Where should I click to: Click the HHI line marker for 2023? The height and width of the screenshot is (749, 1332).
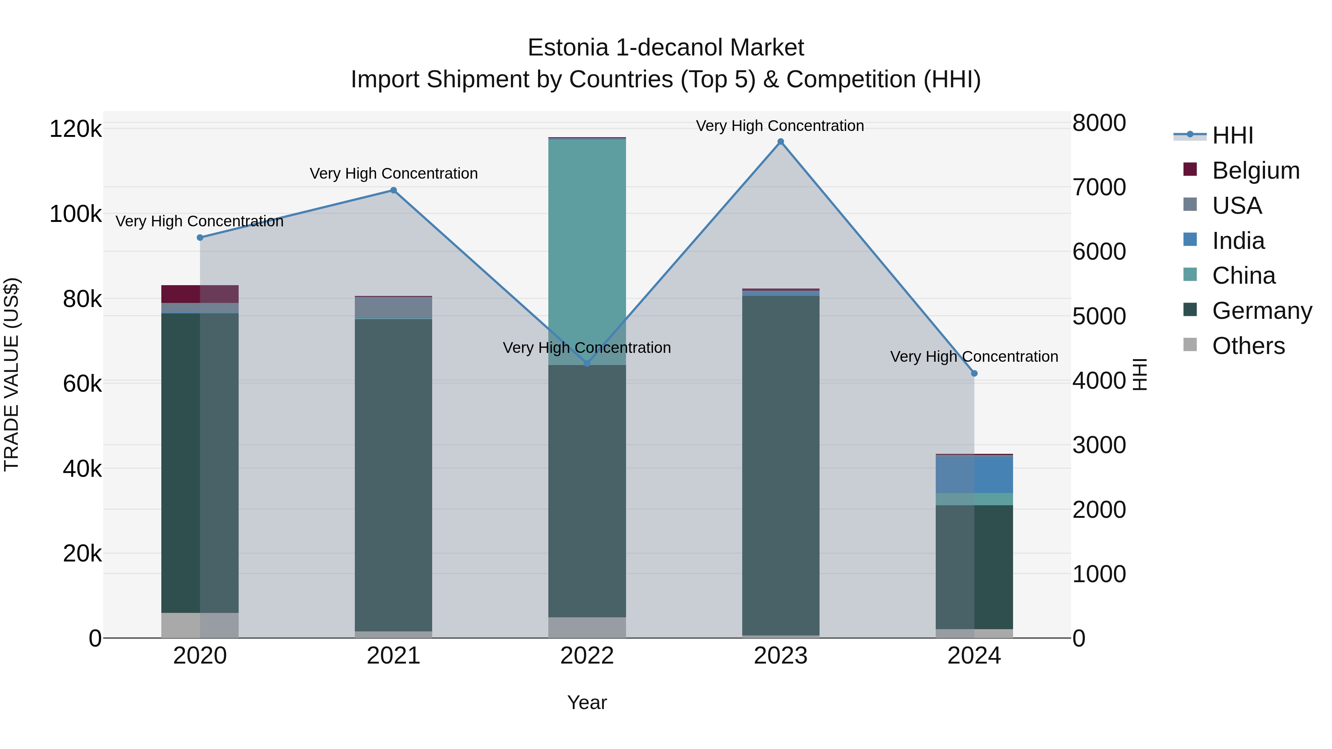(780, 142)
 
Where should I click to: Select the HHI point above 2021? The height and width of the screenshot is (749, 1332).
(393, 190)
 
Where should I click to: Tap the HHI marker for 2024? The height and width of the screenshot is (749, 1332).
(974, 373)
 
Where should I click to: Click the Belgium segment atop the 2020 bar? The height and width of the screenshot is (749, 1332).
(200, 294)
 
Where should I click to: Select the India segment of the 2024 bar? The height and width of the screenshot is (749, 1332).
(974, 474)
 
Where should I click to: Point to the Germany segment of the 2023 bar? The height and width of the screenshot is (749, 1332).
(780, 465)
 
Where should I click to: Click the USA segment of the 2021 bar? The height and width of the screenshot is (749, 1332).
(393, 307)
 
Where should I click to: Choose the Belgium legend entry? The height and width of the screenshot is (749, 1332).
(1255, 171)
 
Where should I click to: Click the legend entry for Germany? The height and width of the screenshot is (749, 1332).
(1262, 311)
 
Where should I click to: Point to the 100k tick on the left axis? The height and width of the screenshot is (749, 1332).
(75, 214)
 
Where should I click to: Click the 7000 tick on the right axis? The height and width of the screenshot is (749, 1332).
(1099, 187)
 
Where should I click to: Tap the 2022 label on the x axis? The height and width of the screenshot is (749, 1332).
(587, 656)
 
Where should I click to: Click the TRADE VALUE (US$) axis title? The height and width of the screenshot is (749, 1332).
(11, 374)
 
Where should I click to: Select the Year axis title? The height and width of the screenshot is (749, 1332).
(587, 702)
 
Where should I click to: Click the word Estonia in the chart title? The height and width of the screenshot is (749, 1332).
(568, 48)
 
